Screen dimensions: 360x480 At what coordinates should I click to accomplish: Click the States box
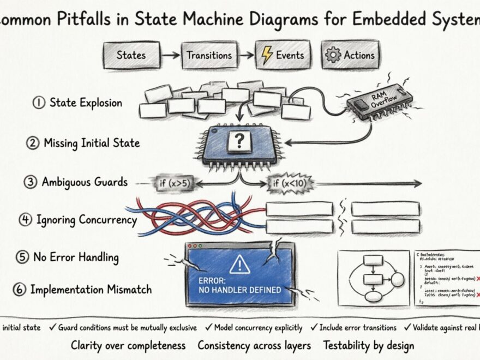tap(131, 55)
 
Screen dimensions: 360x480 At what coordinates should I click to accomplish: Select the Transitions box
tap(209, 55)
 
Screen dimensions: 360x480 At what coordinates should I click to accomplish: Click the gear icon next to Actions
tap(332, 55)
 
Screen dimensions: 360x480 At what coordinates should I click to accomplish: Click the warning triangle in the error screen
tap(239, 265)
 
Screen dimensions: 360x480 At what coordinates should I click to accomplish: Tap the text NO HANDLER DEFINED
tap(240, 290)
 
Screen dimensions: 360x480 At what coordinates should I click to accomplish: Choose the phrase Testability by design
tap(368, 345)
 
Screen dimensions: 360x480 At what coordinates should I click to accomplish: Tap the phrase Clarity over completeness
tap(128, 345)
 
